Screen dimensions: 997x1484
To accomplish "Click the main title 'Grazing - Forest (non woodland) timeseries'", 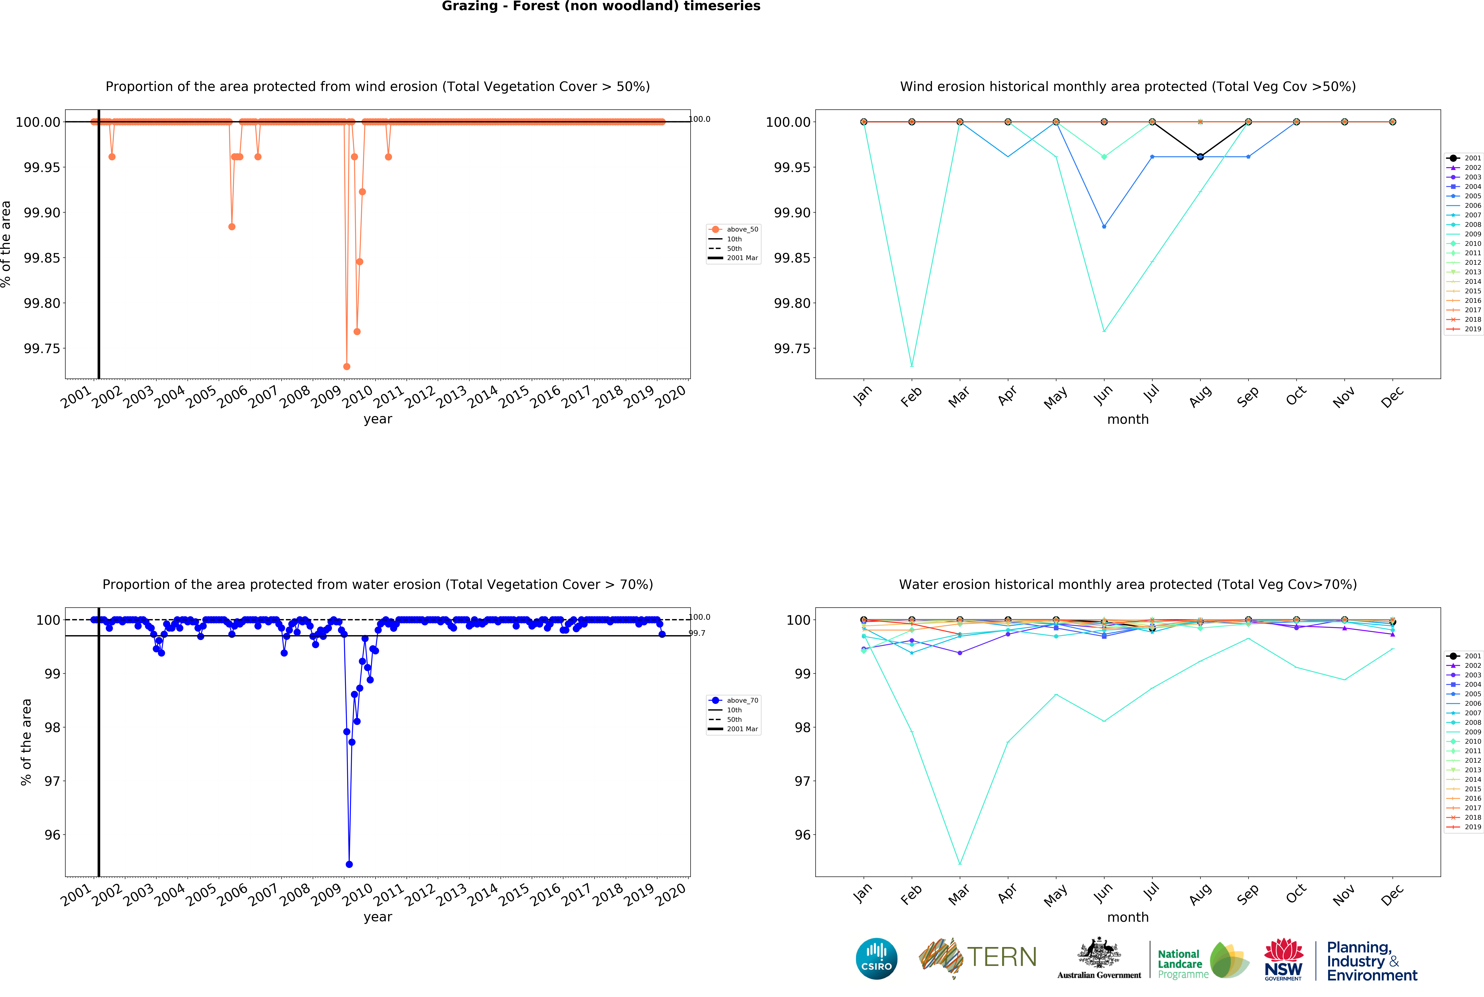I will pos(601,6).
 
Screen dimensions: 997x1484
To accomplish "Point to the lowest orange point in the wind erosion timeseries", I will pos(347,367).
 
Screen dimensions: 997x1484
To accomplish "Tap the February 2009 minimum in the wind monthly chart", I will pos(912,366).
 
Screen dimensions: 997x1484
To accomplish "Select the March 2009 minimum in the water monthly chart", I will pos(959,864).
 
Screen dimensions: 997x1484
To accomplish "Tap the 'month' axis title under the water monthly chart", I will pos(1127,918).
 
